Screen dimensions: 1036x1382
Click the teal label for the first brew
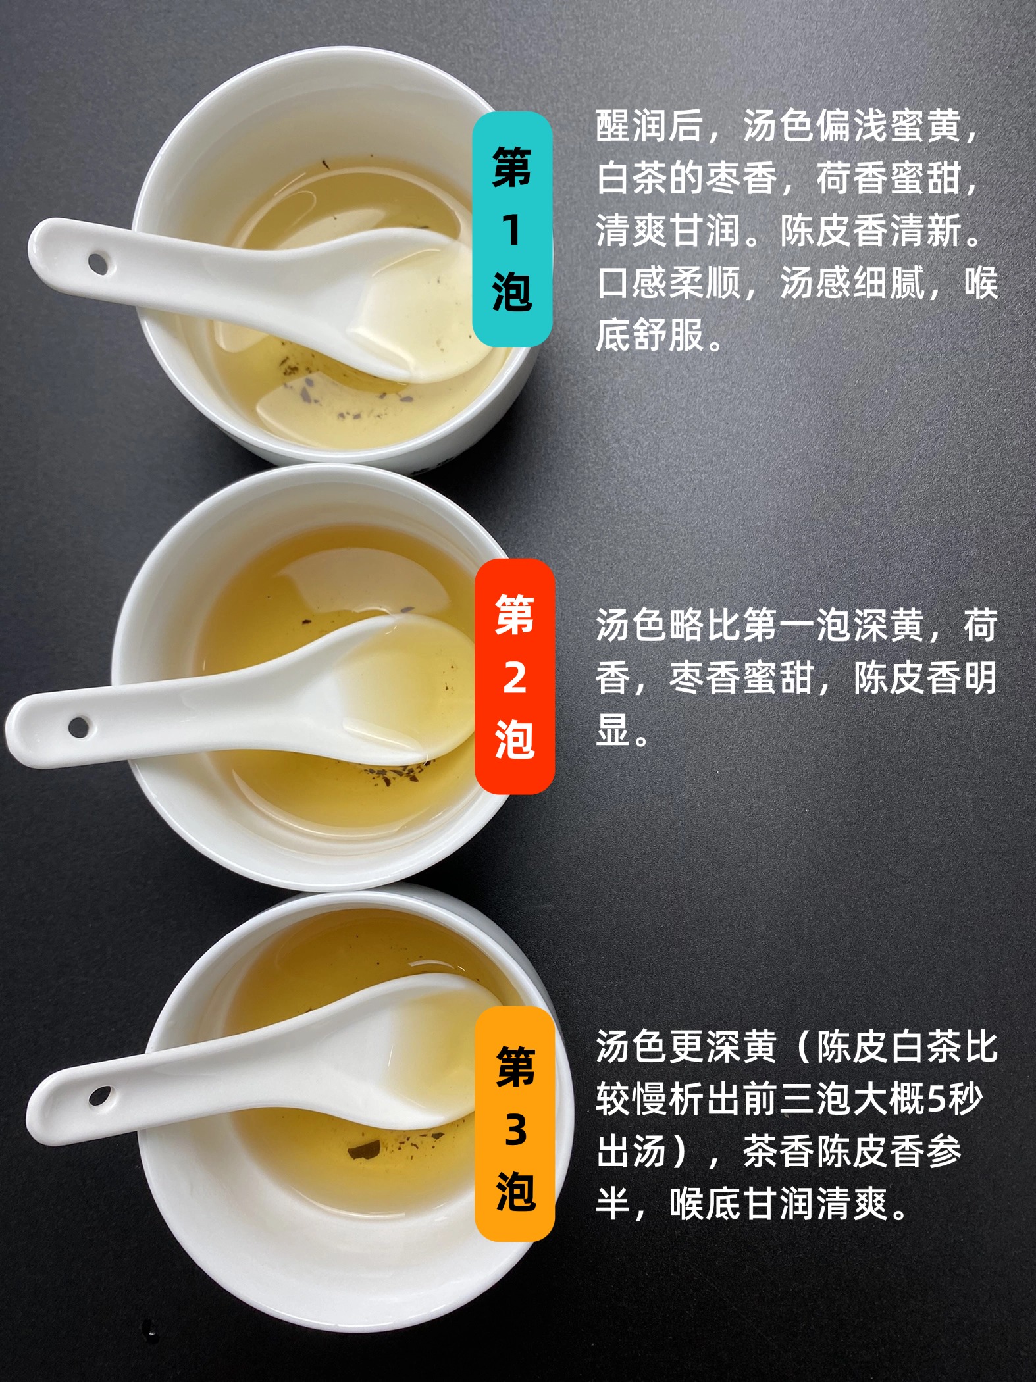[512, 229]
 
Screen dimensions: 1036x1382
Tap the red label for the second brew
[515, 677]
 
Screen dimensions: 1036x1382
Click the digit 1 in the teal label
[511, 230]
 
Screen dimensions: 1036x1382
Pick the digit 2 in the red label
[515, 677]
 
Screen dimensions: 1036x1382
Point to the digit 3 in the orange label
[515, 1130]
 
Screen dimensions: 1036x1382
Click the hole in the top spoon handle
[97, 263]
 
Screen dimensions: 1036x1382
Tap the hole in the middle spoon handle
[79, 727]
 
